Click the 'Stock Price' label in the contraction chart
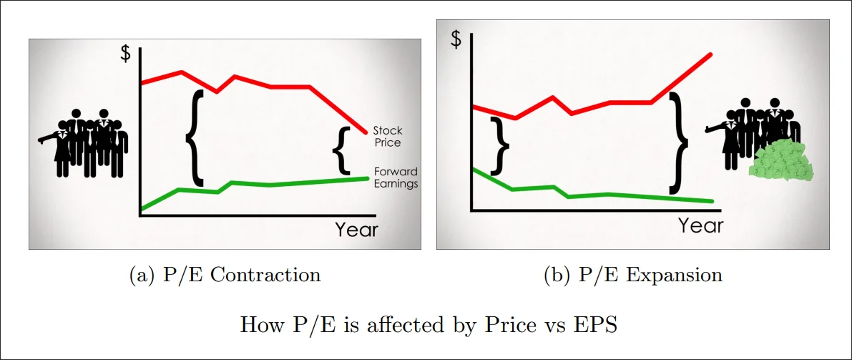click(x=387, y=137)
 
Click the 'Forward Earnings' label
click(x=395, y=177)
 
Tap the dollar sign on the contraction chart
click(x=125, y=54)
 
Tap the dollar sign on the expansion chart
click(x=456, y=39)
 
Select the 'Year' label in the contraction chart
click(x=356, y=230)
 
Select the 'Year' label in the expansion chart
click(x=700, y=225)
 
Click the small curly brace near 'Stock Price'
click(x=343, y=150)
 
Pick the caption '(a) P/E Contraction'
click(x=225, y=275)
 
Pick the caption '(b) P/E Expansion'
click(x=633, y=275)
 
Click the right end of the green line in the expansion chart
click(x=713, y=201)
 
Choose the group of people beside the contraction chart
click(x=84, y=142)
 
